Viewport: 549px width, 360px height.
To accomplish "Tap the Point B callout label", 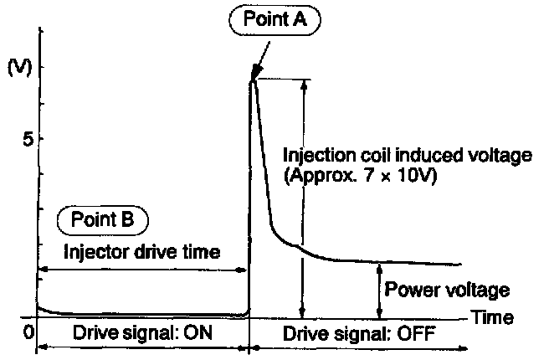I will click(102, 221).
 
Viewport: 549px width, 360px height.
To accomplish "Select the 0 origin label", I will click(28, 332).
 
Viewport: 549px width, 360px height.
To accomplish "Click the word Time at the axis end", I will click(491, 317).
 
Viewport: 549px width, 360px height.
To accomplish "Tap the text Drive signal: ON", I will click(143, 332).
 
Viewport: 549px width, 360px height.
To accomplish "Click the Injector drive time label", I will click(141, 250).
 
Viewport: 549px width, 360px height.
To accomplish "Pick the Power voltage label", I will click(446, 291).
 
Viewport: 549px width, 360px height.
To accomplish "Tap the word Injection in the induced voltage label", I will click(313, 156).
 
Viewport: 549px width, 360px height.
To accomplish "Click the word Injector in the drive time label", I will click(92, 250).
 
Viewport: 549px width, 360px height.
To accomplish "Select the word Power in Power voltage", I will click(407, 291).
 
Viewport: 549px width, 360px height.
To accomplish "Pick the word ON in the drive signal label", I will click(201, 332).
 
